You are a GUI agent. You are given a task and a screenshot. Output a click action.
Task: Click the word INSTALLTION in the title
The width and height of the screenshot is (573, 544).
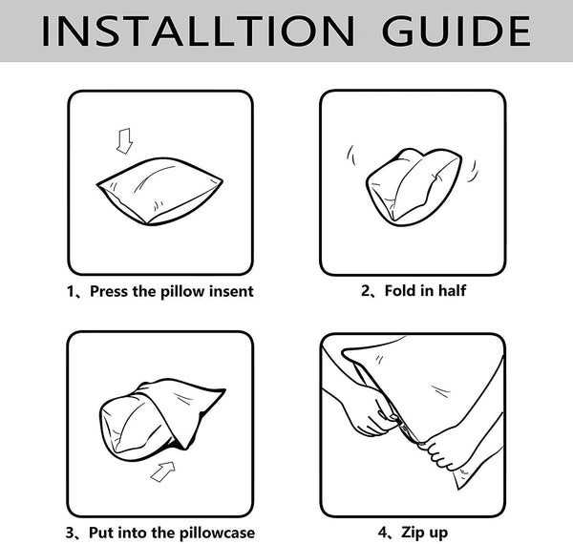pyautogui.click(x=198, y=31)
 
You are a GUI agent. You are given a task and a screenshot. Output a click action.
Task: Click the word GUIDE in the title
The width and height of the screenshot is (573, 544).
pyautogui.click(x=456, y=31)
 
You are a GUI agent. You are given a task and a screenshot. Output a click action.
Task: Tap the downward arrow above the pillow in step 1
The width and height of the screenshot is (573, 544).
pyautogui.click(x=124, y=141)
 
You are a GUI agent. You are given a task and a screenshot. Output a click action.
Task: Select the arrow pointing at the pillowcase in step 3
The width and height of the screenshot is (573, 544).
pyautogui.click(x=163, y=471)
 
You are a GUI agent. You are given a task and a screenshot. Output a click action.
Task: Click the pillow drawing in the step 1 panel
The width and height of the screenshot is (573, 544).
pyautogui.click(x=159, y=191)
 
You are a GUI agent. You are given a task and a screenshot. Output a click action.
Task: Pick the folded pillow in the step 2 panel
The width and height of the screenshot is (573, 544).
pyautogui.click(x=413, y=187)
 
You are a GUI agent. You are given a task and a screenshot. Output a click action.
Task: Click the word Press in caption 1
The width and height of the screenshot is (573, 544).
pyautogui.click(x=109, y=291)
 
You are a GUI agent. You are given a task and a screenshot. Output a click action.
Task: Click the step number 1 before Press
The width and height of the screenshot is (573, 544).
pyautogui.click(x=71, y=292)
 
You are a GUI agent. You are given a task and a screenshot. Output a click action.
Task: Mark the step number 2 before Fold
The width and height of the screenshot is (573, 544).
pyautogui.click(x=366, y=291)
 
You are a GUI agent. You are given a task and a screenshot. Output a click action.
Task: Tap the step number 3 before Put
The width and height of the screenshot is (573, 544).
pyautogui.click(x=70, y=534)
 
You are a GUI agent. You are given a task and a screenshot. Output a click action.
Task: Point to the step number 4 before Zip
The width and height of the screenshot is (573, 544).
pyautogui.click(x=383, y=533)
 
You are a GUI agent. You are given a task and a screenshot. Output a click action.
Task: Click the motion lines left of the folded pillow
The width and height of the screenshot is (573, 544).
pyautogui.click(x=350, y=155)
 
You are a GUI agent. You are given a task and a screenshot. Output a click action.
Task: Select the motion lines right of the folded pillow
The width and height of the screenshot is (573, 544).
pyautogui.click(x=473, y=171)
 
